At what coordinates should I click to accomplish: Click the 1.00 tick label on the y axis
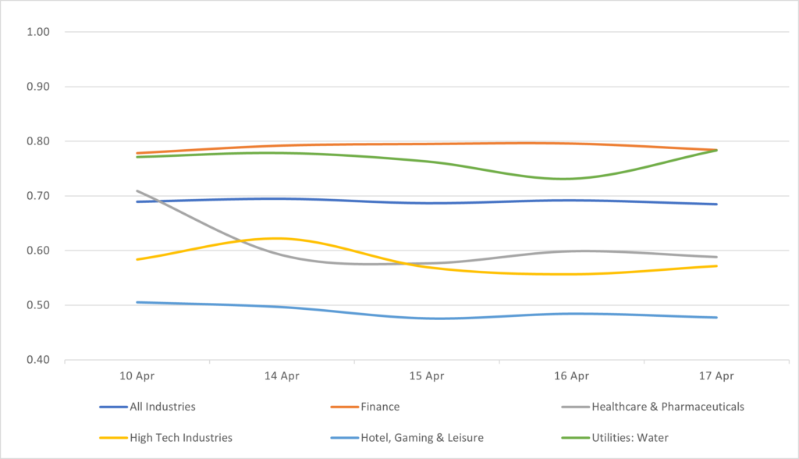(38, 32)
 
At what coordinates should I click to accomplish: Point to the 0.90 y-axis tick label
(38, 87)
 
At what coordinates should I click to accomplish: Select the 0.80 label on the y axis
(38, 141)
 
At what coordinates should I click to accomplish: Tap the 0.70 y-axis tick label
(38, 196)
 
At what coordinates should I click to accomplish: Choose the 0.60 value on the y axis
(38, 251)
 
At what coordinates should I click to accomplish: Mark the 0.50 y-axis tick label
(38, 305)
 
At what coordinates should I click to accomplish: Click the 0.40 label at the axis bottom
(38, 360)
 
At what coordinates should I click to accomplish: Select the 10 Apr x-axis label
(137, 375)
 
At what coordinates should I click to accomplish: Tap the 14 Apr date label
(282, 375)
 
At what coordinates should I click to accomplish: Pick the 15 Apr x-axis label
(427, 375)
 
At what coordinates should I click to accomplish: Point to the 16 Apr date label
(572, 375)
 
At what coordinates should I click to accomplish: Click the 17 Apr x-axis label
(717, 375)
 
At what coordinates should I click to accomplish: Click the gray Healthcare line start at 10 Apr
(137, 190)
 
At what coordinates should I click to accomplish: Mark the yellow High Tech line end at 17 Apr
(717, 266)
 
